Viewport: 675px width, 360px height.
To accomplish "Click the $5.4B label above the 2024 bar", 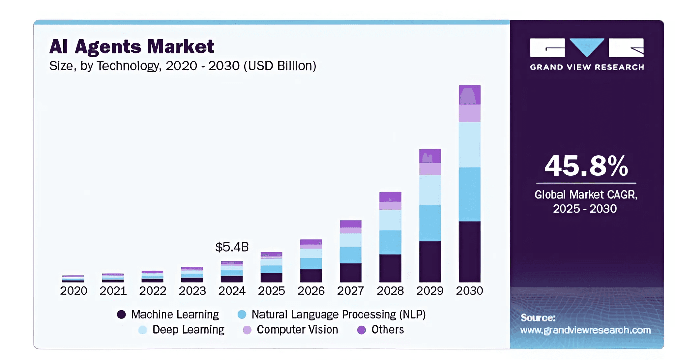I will coord(232,247).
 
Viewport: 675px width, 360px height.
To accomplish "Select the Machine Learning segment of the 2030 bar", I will coord(469,252).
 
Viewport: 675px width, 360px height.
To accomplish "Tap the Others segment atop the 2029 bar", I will coord(430,156).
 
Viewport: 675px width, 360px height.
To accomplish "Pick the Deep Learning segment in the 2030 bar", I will coord(469,145).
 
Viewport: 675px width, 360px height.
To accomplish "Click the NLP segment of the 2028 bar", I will coord(390,242).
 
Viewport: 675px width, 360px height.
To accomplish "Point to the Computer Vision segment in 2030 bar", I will coord(469,113).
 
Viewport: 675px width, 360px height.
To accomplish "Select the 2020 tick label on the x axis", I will coord(73,291).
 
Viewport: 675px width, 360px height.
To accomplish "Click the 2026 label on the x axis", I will coord(311,291).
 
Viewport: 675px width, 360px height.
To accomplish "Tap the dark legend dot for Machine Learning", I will coord(121,315).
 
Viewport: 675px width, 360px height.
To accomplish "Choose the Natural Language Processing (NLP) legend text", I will coord(338,315).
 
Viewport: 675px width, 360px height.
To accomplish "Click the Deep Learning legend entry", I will coord(188,330).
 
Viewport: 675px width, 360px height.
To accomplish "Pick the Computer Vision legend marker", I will coord(247,330).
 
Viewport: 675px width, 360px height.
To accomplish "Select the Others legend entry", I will coord(387,330).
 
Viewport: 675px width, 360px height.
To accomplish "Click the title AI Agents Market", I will coord(132,46).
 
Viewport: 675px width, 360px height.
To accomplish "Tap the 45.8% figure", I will coord(586,166).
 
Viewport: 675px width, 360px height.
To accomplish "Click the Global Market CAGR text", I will coord(586,195).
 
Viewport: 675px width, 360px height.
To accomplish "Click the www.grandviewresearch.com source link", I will coord(585,330).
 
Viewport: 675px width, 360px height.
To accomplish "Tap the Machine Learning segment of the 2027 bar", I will coord(350,272).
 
